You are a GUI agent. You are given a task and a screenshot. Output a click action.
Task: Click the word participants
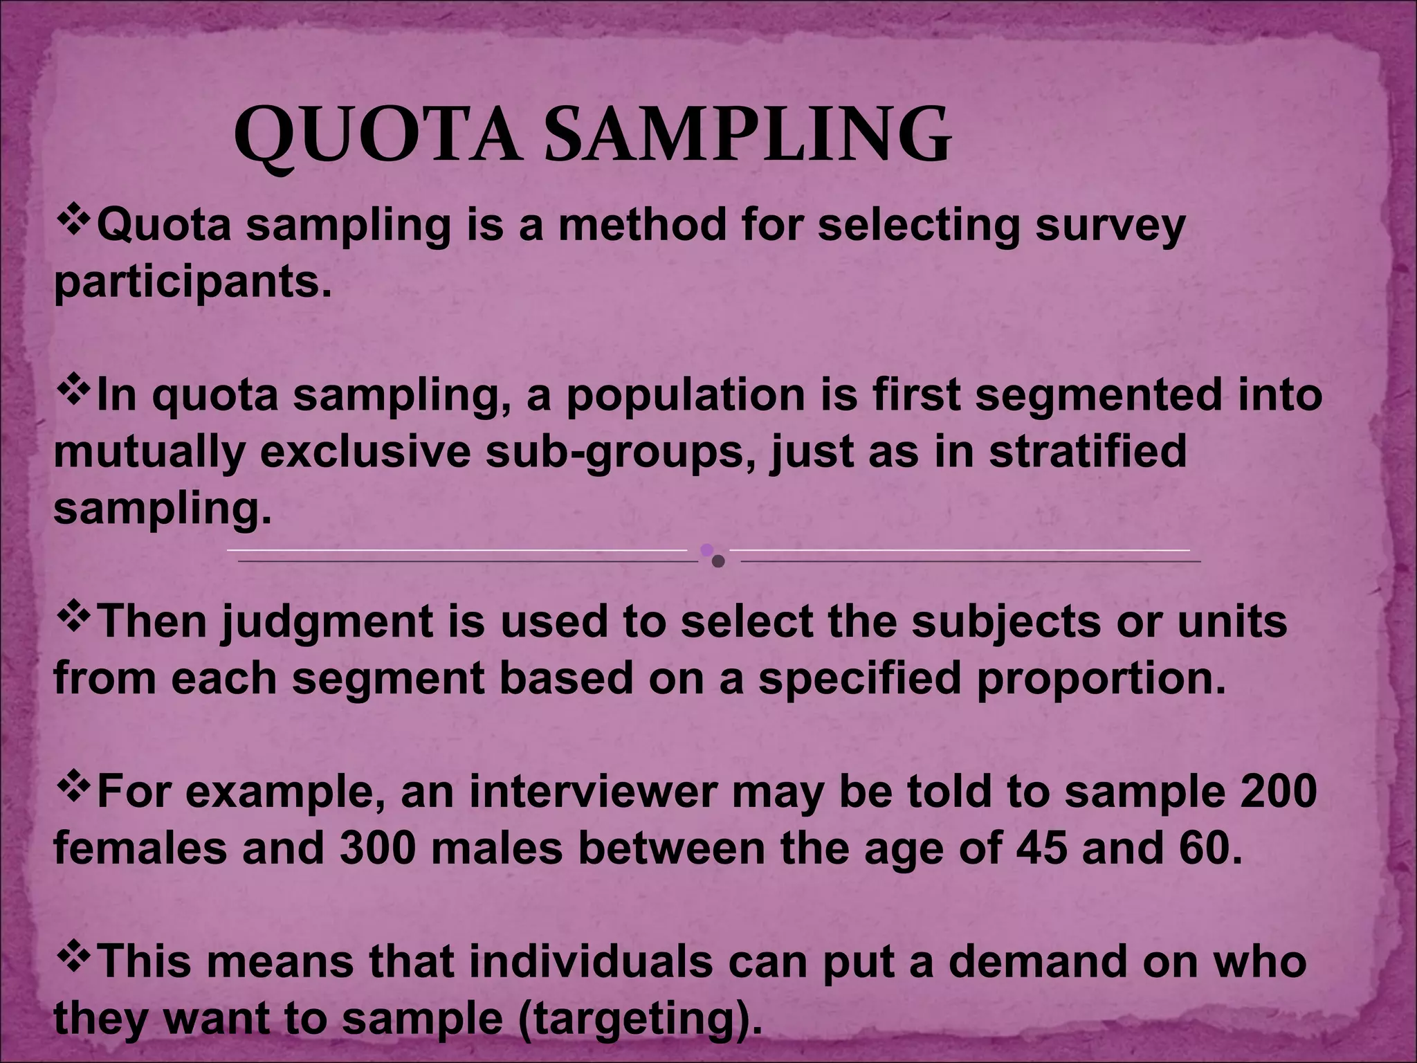[188, 284]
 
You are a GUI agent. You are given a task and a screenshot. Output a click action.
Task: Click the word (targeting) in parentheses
[635, 1019]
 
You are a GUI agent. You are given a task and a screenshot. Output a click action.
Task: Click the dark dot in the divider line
[718, 561]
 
